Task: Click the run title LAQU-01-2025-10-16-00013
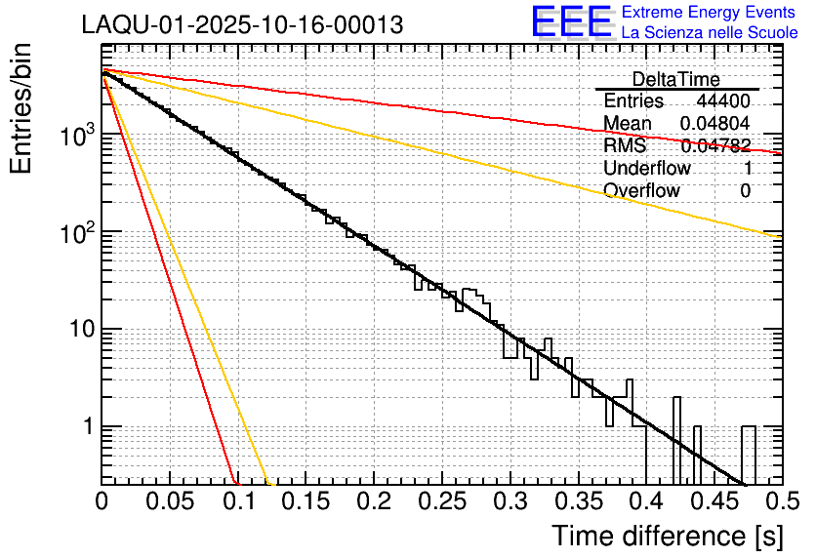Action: (242, 25)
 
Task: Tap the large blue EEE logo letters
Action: (572, 22)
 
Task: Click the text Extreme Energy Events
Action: (709, 13)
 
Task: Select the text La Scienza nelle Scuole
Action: (709, 32)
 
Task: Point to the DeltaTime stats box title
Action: (676, 79)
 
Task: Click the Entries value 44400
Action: (723, 101)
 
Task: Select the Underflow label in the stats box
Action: (647, 169)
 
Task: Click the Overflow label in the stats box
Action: (641, 191)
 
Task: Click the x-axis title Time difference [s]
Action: (666, 536)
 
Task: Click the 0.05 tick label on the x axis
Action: (169, 502)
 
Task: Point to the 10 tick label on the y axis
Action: (76, 330)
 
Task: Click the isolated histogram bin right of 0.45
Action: (749, 454)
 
